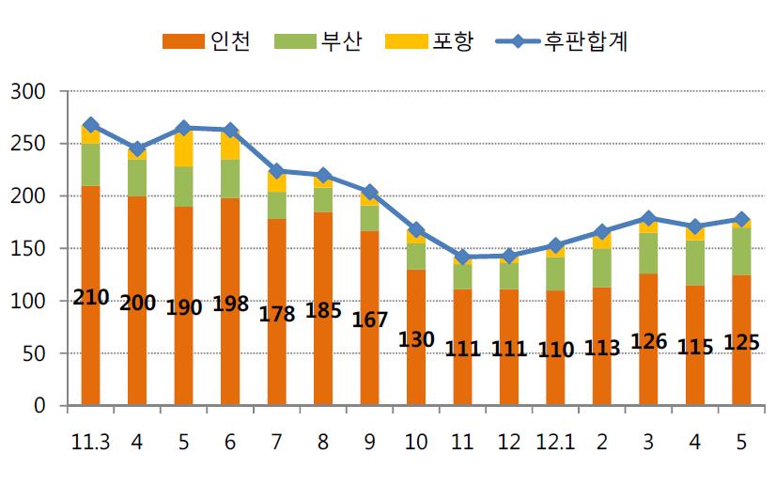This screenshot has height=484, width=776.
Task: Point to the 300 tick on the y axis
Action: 27,92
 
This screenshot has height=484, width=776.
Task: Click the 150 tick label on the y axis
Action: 27,249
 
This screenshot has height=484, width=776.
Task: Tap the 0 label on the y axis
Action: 39,407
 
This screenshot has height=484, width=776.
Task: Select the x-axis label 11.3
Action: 90,440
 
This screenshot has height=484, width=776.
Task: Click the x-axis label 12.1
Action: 555,440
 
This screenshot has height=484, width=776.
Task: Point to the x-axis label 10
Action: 415,440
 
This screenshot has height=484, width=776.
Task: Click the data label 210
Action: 90,299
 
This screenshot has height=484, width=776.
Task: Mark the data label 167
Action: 369,319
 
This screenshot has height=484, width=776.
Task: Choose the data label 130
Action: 415,340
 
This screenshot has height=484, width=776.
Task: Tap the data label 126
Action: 648,341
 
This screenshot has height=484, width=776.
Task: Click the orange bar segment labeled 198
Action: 230,254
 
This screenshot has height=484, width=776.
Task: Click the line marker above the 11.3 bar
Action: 90,125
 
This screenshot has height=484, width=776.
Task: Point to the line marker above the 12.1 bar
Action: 555,245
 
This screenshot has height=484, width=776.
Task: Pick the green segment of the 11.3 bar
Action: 90,165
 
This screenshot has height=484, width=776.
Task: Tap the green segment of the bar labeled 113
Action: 602,268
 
